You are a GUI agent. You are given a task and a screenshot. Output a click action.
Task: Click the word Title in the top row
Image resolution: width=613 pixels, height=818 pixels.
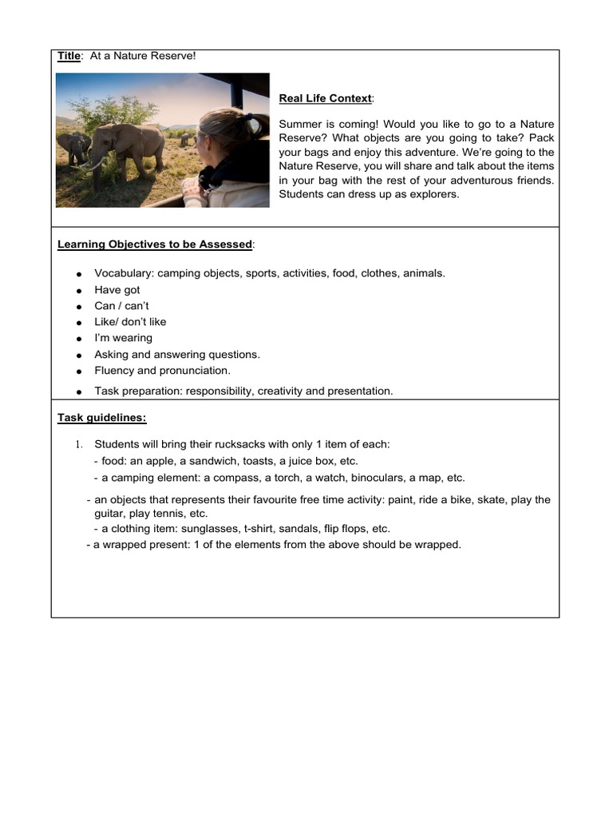tap(69, 56)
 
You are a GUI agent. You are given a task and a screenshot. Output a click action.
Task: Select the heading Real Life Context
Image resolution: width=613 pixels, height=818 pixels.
tap(325, 98)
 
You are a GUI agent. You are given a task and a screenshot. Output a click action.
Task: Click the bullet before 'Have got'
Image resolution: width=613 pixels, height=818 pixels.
tap(80, 291)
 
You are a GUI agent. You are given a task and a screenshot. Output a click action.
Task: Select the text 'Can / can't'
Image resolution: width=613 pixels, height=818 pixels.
tap(121, 306)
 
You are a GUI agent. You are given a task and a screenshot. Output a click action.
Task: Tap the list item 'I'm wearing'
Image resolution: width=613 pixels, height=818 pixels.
tap(123, 338)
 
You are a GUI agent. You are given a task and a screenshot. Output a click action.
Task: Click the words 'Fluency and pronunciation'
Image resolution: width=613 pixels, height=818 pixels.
tap(162, 371)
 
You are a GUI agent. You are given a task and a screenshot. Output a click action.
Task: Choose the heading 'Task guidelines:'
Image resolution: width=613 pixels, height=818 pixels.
tap(101, 418)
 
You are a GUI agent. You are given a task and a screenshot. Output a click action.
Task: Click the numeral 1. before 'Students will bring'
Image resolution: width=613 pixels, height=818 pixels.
tap(79, 444)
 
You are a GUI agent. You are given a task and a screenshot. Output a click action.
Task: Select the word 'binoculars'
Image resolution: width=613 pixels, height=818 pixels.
tap(376, 478)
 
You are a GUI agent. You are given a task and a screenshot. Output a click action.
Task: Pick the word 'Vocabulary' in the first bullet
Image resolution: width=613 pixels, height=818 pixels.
tap(123, 273)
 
